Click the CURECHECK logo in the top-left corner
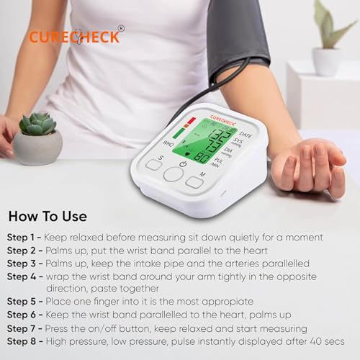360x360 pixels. (74, 36)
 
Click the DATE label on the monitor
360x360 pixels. (245, 135)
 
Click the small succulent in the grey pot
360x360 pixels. (37, 125)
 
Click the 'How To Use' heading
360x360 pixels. (48, 216)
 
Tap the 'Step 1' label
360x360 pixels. (22, 237)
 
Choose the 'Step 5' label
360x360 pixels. (22, 302)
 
